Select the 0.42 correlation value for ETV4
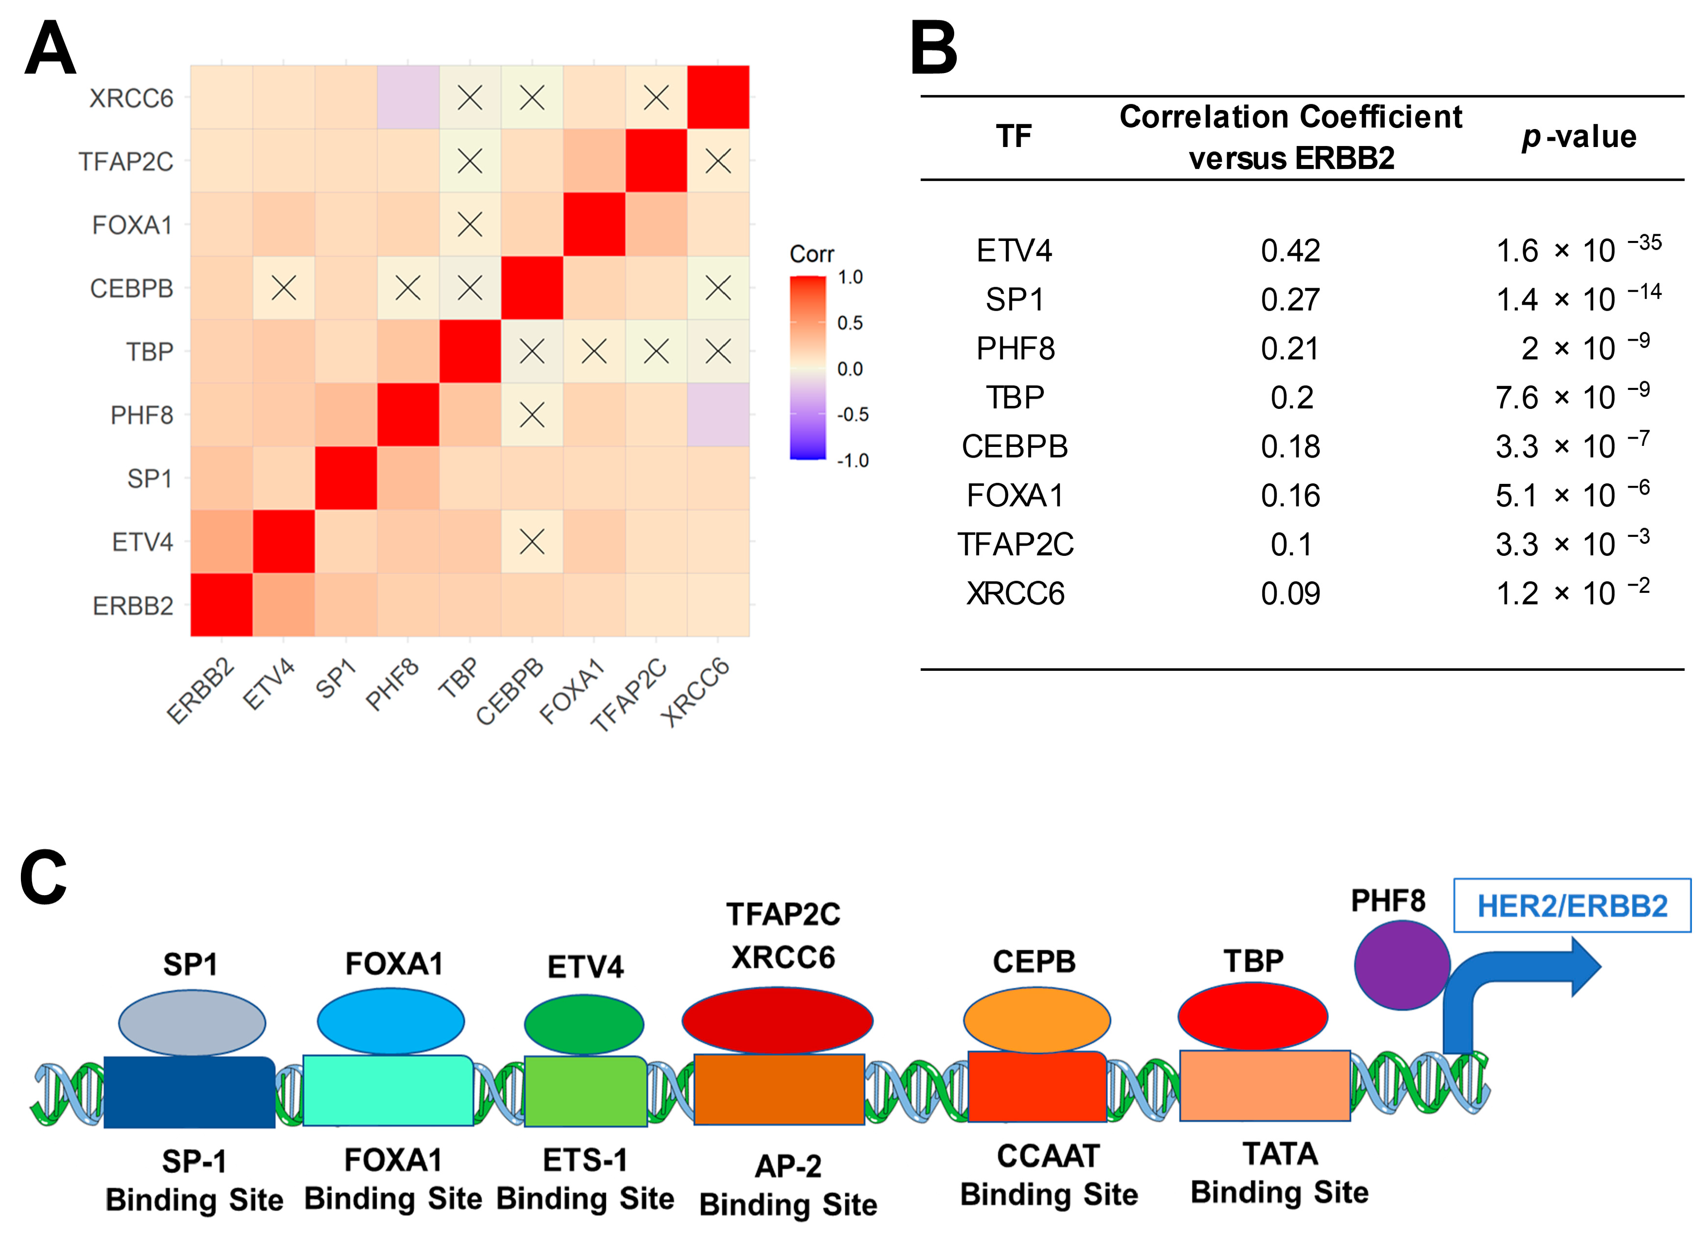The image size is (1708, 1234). tap(1290, 251)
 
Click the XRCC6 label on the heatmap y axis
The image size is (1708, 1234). tap(131, 98)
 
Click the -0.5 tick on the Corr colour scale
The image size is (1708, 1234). tap(853, 414)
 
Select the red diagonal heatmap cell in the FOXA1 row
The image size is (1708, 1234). tap(594, 224)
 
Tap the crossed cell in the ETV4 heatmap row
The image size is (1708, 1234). tap(532, 542)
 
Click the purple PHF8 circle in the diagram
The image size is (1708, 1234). tap(1401, 964)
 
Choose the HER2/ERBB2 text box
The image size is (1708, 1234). tap(1572, 905)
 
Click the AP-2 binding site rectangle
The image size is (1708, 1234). tap(779, 1089)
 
